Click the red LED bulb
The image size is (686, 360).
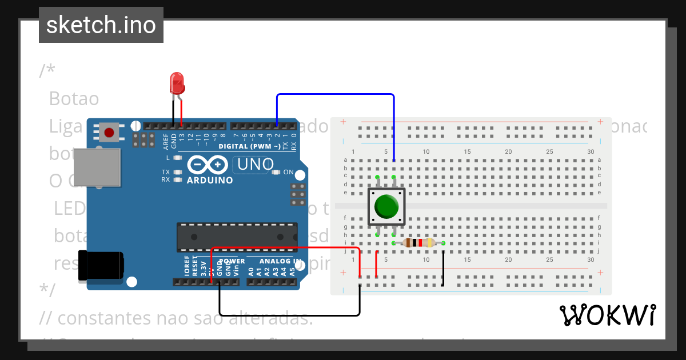pyautogui.click(x=177, y=83)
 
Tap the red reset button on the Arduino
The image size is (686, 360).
pyautogui.click(x=109, y=133)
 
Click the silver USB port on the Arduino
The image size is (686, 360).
pyautogui.click(x=97, y=167)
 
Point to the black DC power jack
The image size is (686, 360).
pyautogui.click(x=101, y=266)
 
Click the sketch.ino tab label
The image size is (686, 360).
pyautogui.click(x=101, y=25)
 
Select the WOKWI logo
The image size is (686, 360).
pyautogui.click(x=607, y=315)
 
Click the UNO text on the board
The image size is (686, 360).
pyautogui.click(x=256, y=165)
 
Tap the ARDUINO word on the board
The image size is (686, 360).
pyautogui.click(x=210, y=180)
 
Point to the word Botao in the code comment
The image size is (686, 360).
pyautogui.click(x=74, y=99)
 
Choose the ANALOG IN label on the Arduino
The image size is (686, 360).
pyautogui.click(x=281, y=261)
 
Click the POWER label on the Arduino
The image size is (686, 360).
pyautogui.click(x=232, y=261)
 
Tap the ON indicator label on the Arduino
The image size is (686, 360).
pyautogui.click(x=288, y=172)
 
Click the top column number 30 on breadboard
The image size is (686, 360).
pyautogui.click(x=591, y=151)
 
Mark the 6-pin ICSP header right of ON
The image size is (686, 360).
pyautogui.click(x=297, y=194)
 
